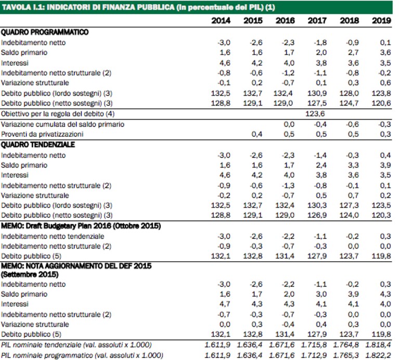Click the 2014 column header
click(x=221, y=21)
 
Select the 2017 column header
click(x=317, y=21)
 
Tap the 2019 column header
click(x=381, y=21)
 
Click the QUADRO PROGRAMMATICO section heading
click(x=45, y=32)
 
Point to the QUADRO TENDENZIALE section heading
click(x=38, y=145)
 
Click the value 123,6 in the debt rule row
click(x=315, y=114)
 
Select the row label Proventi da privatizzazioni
click(x=42, y=134)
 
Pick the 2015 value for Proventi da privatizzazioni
click(x=257, y=134)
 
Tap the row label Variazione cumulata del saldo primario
click(x=62, y=124)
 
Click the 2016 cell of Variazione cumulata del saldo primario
click(x=289, y=124)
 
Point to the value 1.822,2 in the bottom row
click(x=378, y=355)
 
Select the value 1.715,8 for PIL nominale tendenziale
click(x=314, y=345)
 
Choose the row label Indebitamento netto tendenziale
click(x=53, y=236)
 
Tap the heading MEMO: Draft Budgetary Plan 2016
click(x=81, y=226)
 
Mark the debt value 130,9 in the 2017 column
click(x=317, y=93)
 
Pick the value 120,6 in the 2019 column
click(x=381, y=104)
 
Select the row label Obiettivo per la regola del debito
click(x=58, y=114)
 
